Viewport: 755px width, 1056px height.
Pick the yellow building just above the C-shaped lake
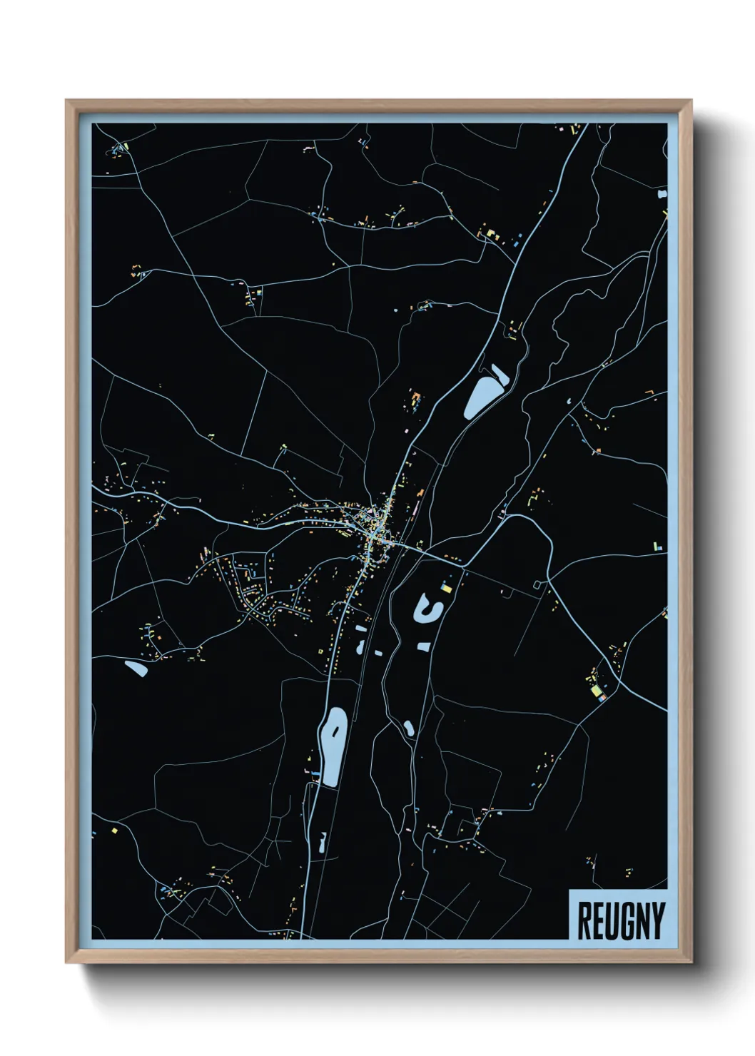448,588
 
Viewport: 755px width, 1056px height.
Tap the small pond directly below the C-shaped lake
425,646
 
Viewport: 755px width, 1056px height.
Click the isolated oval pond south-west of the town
136,669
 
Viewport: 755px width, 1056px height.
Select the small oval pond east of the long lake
409,728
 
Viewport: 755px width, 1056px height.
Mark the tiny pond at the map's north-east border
663,193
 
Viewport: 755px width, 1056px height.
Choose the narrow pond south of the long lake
323,843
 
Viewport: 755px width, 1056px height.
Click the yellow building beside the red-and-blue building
594,690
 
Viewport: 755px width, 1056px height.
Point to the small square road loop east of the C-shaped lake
537,585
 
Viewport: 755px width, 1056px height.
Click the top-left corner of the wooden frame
67,101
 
